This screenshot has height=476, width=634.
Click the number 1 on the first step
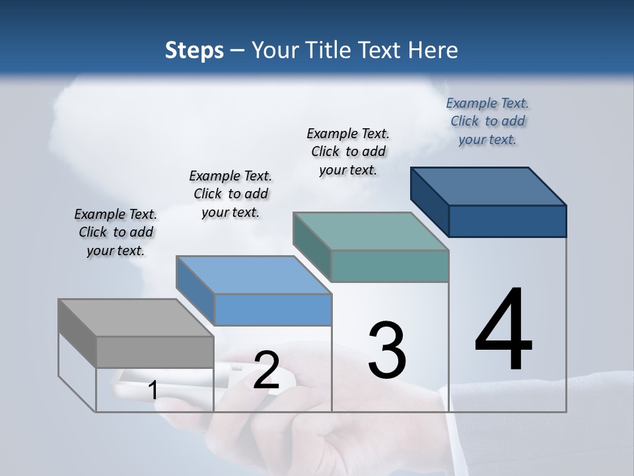click(153, 390)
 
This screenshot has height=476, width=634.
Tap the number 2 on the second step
click(266, 370)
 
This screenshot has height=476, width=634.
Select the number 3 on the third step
click(387, 350)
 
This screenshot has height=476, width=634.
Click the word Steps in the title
click(194, 50)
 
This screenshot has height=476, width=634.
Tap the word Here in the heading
click(433, 50)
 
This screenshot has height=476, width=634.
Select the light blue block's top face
click(254, 275)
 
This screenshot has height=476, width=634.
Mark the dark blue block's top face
click(489, 186)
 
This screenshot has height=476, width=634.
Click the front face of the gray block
click(155, 352)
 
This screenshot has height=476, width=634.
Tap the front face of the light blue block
click(273, 309)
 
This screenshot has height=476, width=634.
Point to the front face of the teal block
click(390, 266)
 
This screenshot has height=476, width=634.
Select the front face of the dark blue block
click(507, 221)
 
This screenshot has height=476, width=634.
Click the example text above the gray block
click(116, 232)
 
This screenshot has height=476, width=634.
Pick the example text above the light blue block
click(230, 194)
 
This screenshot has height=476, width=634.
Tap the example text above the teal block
click(348, 151)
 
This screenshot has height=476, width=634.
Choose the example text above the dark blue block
click(487, 121)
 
